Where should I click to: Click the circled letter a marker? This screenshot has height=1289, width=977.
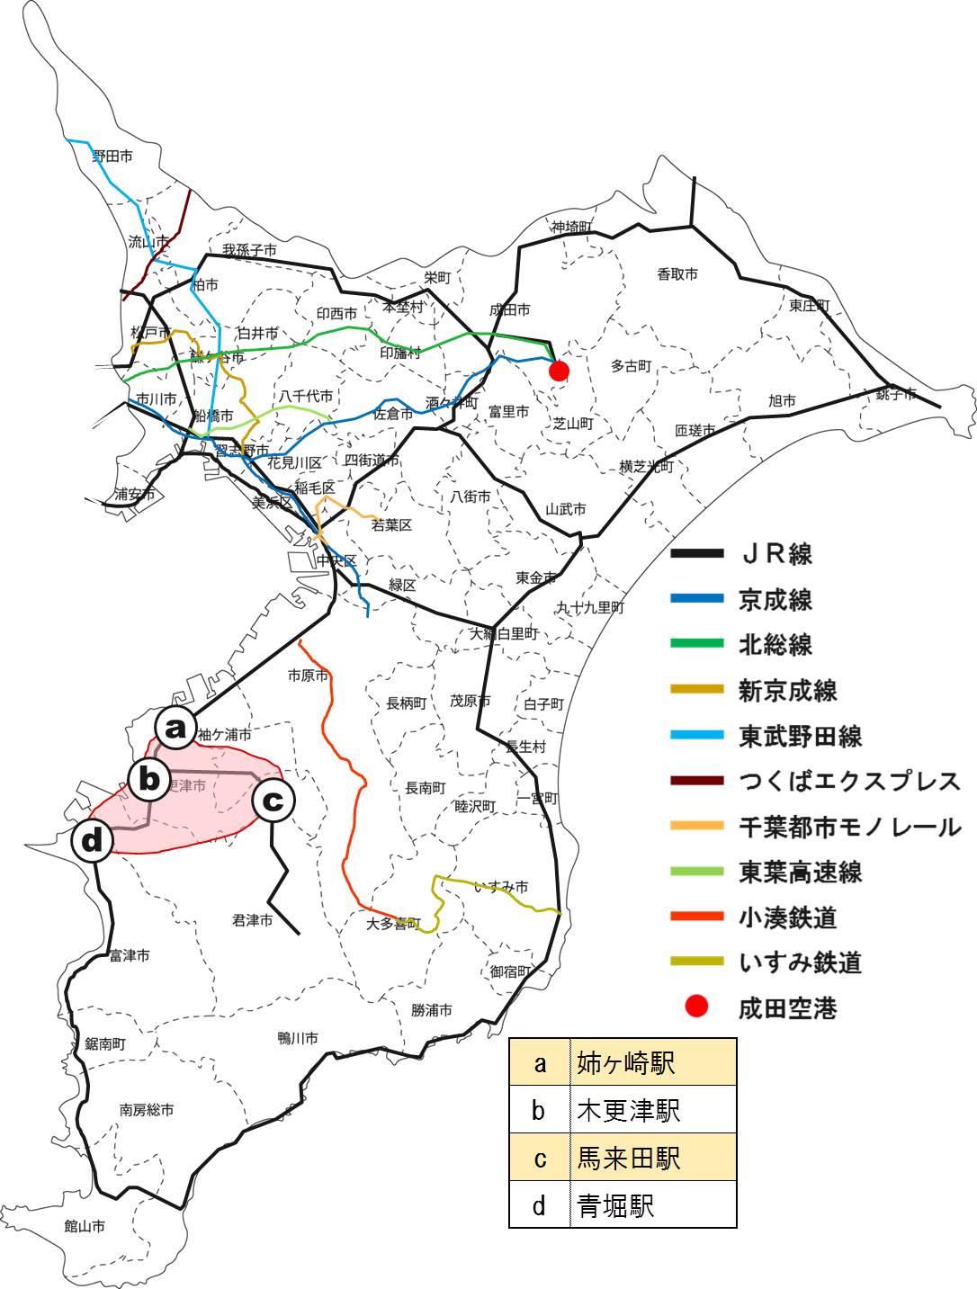click(x=175, y=727)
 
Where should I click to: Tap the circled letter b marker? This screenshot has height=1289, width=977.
click(x=149, y=779)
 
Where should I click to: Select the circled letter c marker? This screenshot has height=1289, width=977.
click(x=273, y=800)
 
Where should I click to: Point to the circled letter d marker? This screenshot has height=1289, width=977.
click(x=93, y=842)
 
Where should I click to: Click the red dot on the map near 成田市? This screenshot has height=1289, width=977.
click(x=559, y=371)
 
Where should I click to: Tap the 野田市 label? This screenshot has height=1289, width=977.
click(x=112, y=157)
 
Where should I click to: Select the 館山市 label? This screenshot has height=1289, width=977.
click(x=85, y=1226)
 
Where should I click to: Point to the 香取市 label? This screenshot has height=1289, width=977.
click(x=677, y=274)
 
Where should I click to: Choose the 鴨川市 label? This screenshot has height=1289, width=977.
click(x=298, y=1038)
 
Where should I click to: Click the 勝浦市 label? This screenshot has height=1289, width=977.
click(x=432, y=1010)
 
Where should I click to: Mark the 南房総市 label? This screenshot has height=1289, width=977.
click(x=147, y=1110)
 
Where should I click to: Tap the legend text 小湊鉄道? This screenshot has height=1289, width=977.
click(x=787, y=918)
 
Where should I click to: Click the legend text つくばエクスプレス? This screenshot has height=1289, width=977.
click(x=849, y=781)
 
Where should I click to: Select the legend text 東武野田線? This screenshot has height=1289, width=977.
click(x=800, y=736)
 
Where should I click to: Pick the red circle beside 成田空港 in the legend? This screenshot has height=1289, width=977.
click(x=696, y=1007)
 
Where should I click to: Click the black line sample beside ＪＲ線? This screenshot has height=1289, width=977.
click(x=696, y=553)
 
